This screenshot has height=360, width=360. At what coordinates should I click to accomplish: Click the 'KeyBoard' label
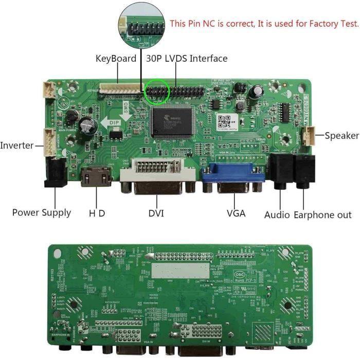[x=116, y=59]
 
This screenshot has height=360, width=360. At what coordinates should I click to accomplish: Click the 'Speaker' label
[x=341, y=136]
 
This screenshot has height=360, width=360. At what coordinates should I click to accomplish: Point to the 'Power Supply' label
[x=42, y=212]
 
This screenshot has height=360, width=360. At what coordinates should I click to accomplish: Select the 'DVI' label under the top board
[x=156, y=212]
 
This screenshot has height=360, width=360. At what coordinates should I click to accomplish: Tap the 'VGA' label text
[x=236, y=212]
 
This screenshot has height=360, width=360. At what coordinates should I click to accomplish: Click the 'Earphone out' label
[x=322, y=214]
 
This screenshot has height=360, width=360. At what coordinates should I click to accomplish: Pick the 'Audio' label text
[x=277, y=214]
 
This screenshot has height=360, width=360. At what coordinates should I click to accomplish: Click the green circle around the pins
[x=157, y=92]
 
